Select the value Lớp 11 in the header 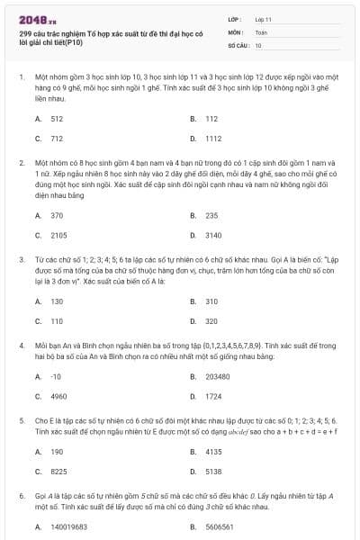click(x=263, y=19)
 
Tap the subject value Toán click(x=261, y=31)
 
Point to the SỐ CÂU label click(x=238, y=44)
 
